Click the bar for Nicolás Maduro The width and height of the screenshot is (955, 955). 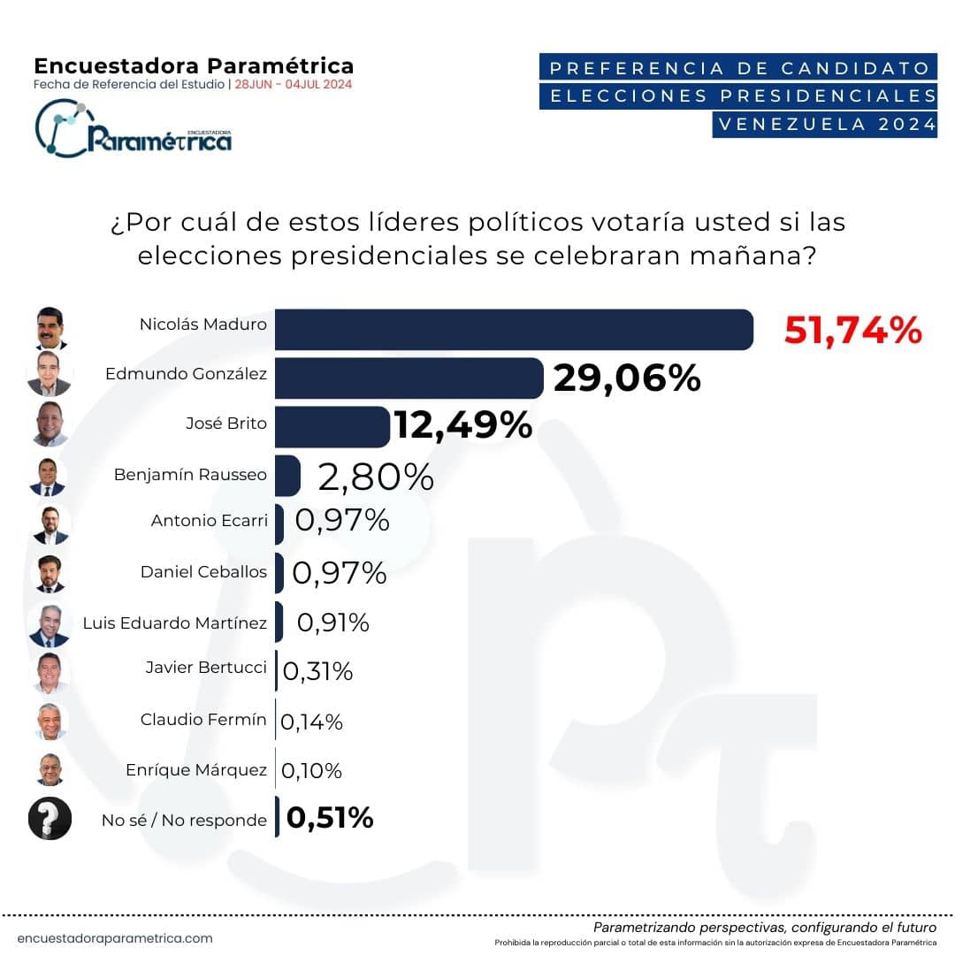(x=514, y=329)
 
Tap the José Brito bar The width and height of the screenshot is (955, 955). (x=332, y=427)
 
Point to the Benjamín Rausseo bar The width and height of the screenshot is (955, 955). (x=288, y=475)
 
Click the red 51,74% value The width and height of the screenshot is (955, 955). (x=852, y=331)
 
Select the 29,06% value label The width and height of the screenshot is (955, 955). (x=626, y=378)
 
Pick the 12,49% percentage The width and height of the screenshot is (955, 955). (x=462, y=426)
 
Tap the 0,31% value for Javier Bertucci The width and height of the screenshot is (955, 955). (x=317, y=671)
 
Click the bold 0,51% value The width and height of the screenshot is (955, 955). (x=330, y=818)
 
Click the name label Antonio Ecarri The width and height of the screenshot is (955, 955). (x=209, y=521)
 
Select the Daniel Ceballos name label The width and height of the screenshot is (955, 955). (x=203, y=571)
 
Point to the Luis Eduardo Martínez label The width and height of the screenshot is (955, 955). (x=174, y=623)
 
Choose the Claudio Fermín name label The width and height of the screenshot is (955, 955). (x=203, y=719)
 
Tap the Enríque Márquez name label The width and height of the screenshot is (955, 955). (x=196, y=770)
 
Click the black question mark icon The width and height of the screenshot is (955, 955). (x=50, y=818)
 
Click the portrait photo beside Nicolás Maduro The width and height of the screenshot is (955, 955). (x=50, y=328)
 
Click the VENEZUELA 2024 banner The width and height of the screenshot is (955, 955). (x=824, y=124)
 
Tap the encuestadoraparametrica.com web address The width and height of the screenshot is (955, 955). (x=115, y=938)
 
